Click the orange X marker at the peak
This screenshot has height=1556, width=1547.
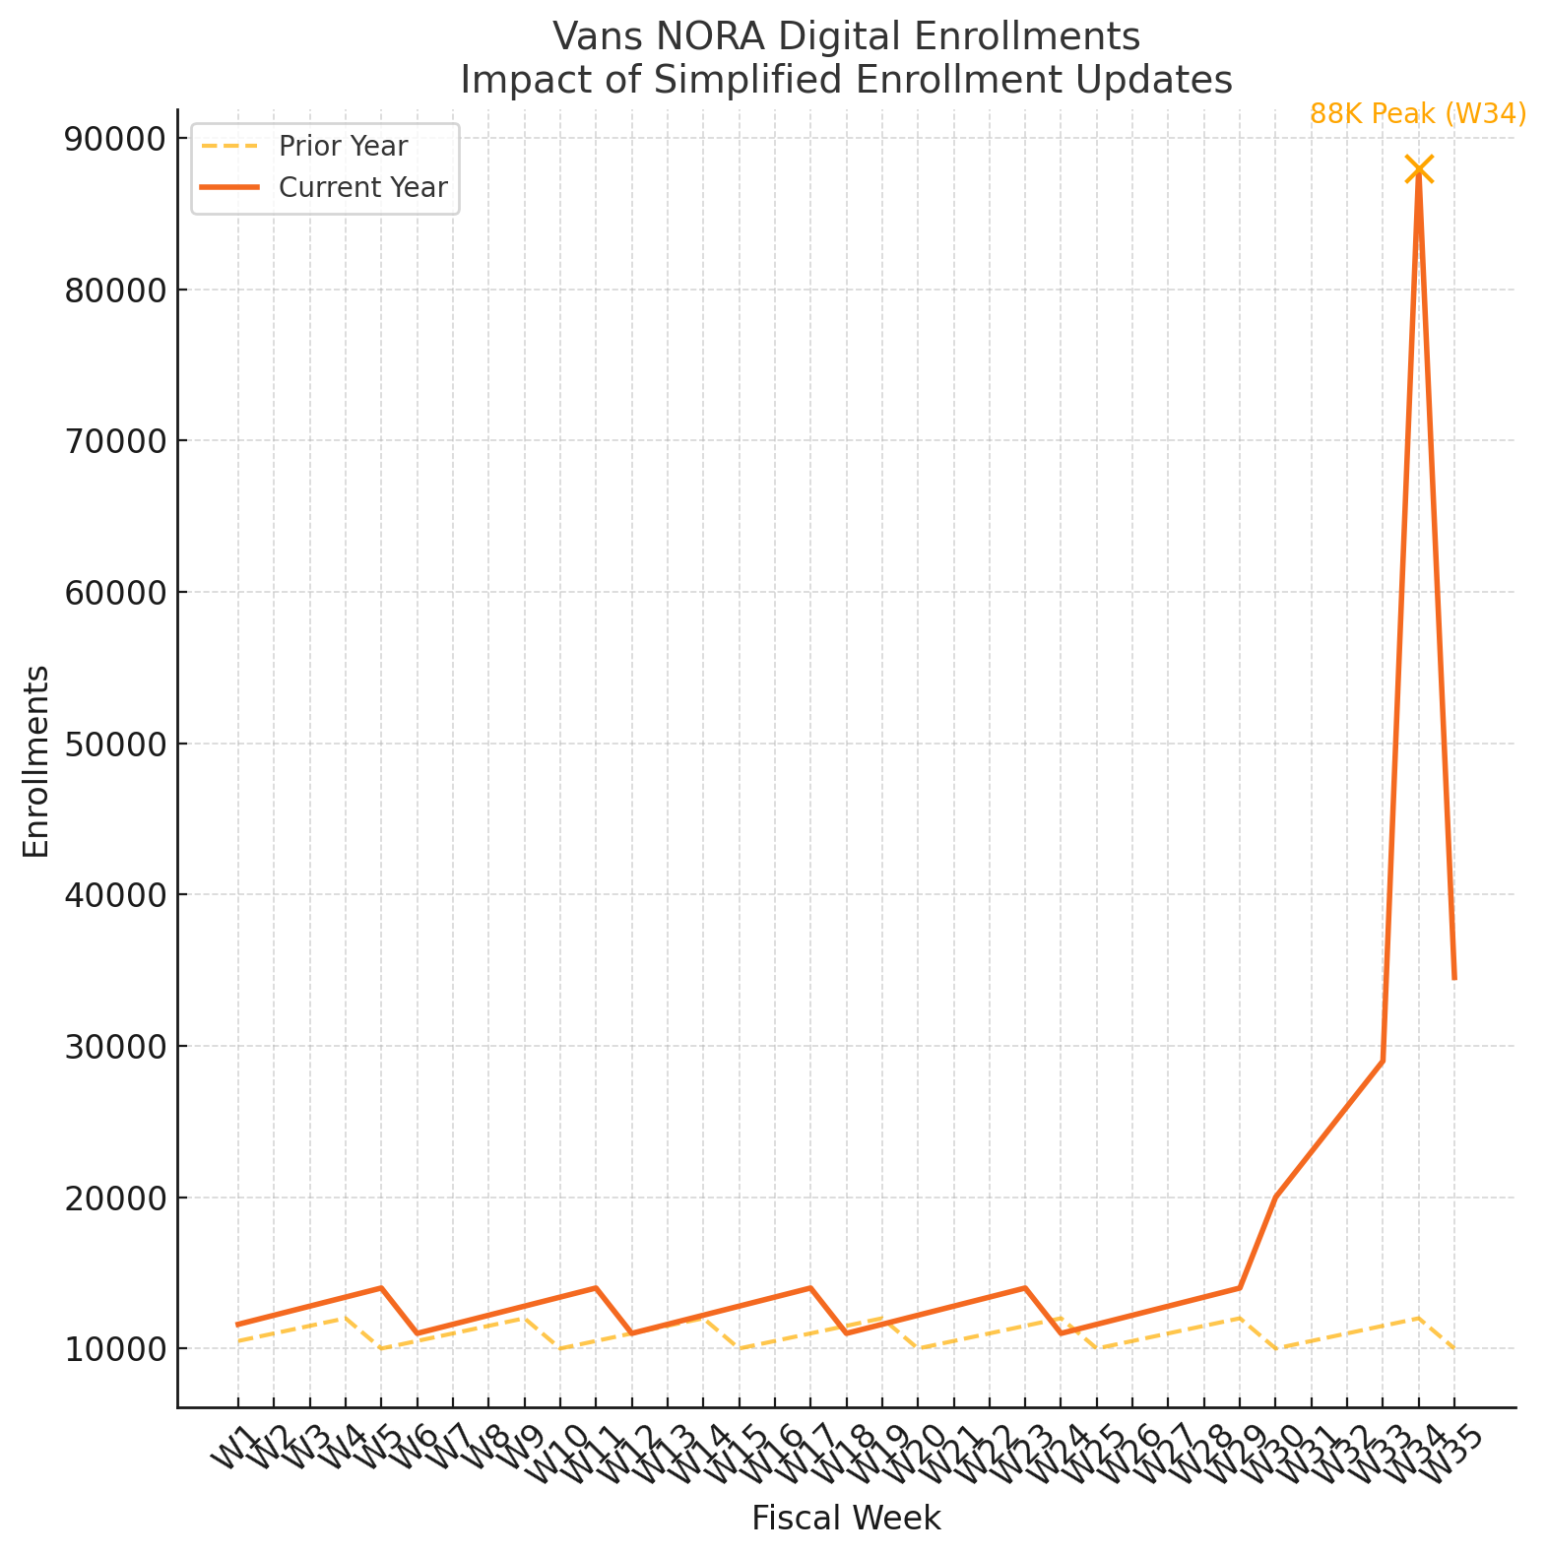tap(1418, 169)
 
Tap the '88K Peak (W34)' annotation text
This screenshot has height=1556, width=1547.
tap(1417, 114)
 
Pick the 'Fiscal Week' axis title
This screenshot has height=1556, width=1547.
tap(846, 1519)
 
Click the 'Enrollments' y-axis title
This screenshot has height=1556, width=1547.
tap(36, 761)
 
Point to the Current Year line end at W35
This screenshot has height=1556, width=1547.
tap(1453, 978)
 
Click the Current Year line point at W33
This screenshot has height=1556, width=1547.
tap(1383, 1061)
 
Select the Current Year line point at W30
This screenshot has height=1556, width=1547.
tap(1275, 1198)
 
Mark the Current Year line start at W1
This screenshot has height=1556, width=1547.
tap(237, 1325)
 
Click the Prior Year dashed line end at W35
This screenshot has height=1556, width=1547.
tap(1453, 1348)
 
